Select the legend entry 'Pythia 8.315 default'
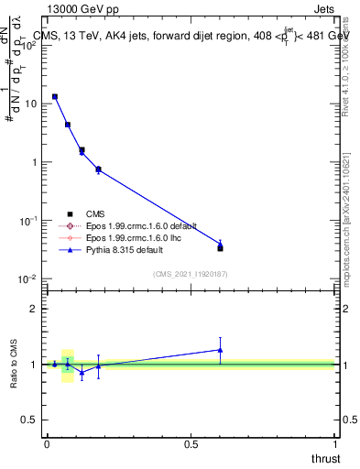click(121, 249)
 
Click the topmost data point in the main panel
click(55, 96)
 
